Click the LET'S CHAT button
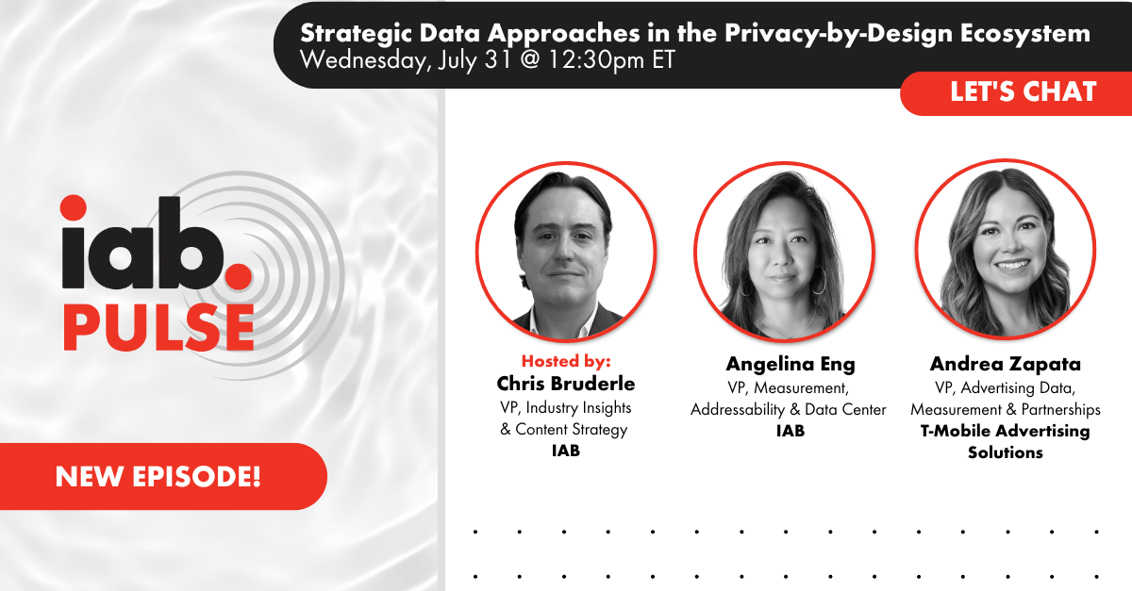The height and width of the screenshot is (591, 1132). (x=1023, y=92)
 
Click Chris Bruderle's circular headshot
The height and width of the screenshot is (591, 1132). (x=566, y=252)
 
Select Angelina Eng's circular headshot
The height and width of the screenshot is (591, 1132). (x=785, y=252)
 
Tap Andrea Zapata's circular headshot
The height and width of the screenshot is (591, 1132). (x=1006, y=252)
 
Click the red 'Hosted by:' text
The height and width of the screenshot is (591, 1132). (x=566, y=361)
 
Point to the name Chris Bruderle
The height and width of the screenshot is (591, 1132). (x=566, y=384)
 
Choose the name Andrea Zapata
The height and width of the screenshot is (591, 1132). (x=1006, y=364)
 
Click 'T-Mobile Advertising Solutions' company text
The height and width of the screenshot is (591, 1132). (x=1006, y=441)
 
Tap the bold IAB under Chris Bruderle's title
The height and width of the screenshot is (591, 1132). (x=566, y=451)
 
